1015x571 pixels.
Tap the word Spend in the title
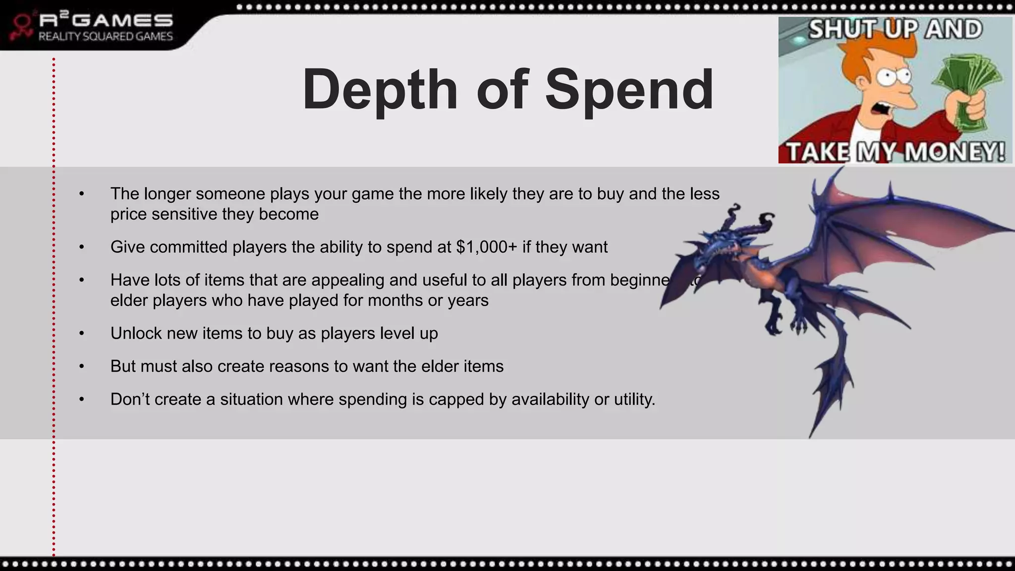point(629,90)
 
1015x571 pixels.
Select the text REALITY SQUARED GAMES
point(106,36)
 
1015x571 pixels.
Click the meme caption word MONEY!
point(954,151)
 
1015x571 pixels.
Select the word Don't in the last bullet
point(130,399)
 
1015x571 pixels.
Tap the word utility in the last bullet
point(632,399)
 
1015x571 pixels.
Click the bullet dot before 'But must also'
point(82,366)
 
